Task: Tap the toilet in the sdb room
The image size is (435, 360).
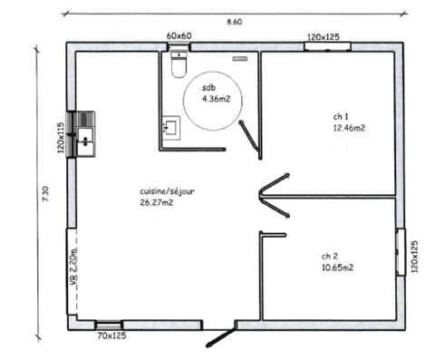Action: click(x=178, y=65)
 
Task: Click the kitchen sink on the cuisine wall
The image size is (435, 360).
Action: click(x=84, y=136)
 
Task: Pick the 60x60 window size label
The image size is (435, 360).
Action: click(x=179, y=34)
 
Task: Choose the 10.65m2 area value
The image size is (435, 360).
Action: click(x=337, y=268)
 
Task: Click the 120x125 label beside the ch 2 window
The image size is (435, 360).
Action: click(x=415, y=257)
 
